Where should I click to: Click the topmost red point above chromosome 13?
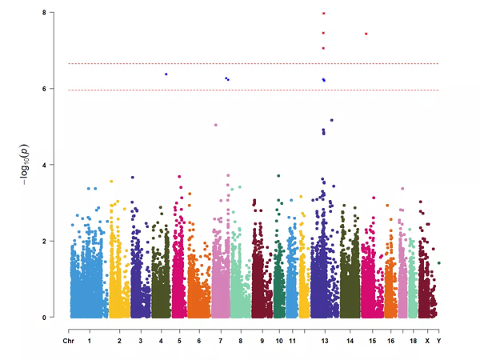[323, 14]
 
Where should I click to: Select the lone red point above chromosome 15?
[366, 34]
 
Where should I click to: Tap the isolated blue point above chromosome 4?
[166, 74]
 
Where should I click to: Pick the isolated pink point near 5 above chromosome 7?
[215, 125]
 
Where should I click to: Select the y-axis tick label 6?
[54, 89]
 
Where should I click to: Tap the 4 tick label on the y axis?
[54, 165]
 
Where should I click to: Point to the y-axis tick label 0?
[54, 318]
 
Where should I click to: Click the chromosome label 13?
[324, 342]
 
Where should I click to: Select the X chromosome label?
[427, 342]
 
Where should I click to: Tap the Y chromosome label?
[439, 342]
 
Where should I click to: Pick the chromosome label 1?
[89, 342]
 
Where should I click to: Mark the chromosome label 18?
[411, 342]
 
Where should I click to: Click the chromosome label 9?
[262, 342]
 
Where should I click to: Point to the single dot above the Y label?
[439, 262]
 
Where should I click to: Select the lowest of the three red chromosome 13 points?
[323, 48]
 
